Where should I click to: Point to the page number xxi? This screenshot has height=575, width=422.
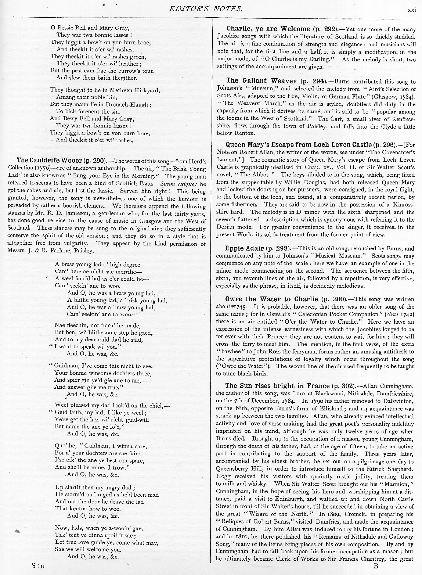(412, 10)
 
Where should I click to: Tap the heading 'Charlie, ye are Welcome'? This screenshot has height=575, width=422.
(268, 29)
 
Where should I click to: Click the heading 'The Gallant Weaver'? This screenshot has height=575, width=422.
(262, 81)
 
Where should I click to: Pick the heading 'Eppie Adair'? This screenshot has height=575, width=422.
(244, 248)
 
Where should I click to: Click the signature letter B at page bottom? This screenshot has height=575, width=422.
(375, 566)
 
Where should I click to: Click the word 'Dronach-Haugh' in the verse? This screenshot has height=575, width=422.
(130, 104)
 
